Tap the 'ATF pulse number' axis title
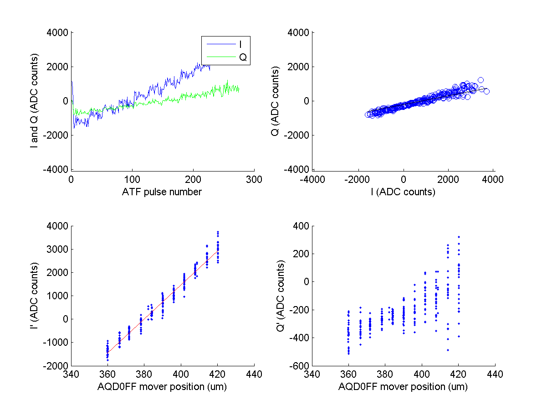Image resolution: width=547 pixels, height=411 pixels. (162, 192)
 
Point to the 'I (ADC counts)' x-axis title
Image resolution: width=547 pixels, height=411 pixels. (403, 192)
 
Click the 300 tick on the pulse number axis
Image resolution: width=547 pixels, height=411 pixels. (254, 179)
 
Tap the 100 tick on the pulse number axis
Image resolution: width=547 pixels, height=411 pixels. (132, 179)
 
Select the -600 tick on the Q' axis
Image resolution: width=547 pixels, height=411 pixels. (302, 366)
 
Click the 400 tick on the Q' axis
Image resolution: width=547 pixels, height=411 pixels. (302, 226)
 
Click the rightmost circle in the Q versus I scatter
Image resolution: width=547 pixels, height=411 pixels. (486, 91)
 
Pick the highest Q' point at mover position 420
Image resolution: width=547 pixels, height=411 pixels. (459, 237)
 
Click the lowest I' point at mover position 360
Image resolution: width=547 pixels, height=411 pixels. (107, 360)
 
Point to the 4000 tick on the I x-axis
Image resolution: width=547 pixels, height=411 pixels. (495, 179)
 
